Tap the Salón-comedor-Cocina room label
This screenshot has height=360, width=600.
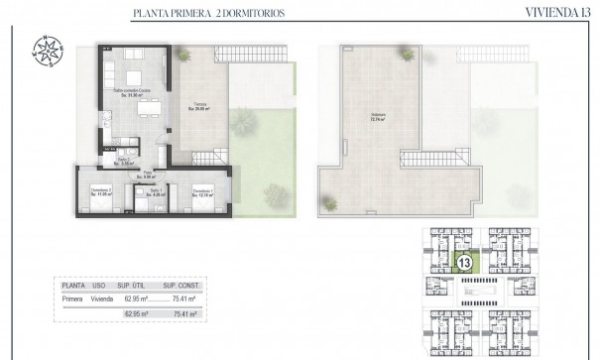point(130,92)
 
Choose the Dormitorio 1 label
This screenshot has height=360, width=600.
point(203,191)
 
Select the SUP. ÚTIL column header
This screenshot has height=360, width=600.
point(136,284)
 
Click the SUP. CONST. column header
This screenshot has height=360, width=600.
point(184,284)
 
